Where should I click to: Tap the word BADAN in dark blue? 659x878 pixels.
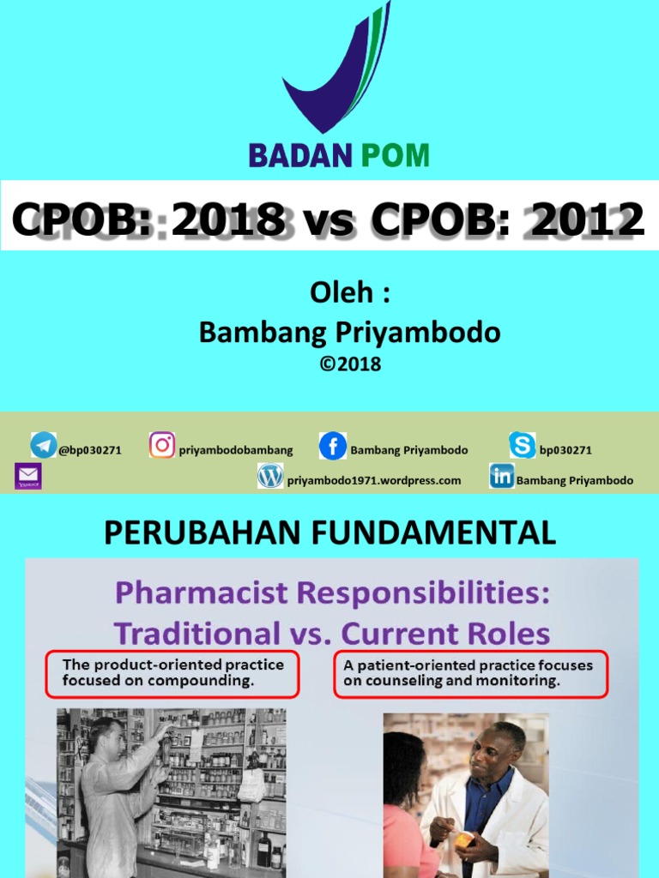[x=300, y=155]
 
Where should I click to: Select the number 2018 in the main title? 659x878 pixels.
[x=228, y=220]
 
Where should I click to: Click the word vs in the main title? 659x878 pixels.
[x=329, y=221]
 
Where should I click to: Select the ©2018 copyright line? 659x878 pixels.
[x=350, y=364]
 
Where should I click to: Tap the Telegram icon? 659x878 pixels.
[x=44, y=445]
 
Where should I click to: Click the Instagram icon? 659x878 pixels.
[x=162, y=445]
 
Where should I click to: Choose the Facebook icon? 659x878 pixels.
[x=333, y=446]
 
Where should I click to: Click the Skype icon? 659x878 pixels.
[x=522, y=445]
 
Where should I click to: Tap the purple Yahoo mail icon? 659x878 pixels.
[x=28, y=476]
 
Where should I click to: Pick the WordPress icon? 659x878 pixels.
[x=270, y=476]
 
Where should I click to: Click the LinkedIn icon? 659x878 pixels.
[x=502, y=476]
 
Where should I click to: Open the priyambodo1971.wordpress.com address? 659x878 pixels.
[x=374, y=481]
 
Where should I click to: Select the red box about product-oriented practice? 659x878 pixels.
[x=172, y=673]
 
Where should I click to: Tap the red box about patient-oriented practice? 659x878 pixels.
[x=469, y=673]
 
